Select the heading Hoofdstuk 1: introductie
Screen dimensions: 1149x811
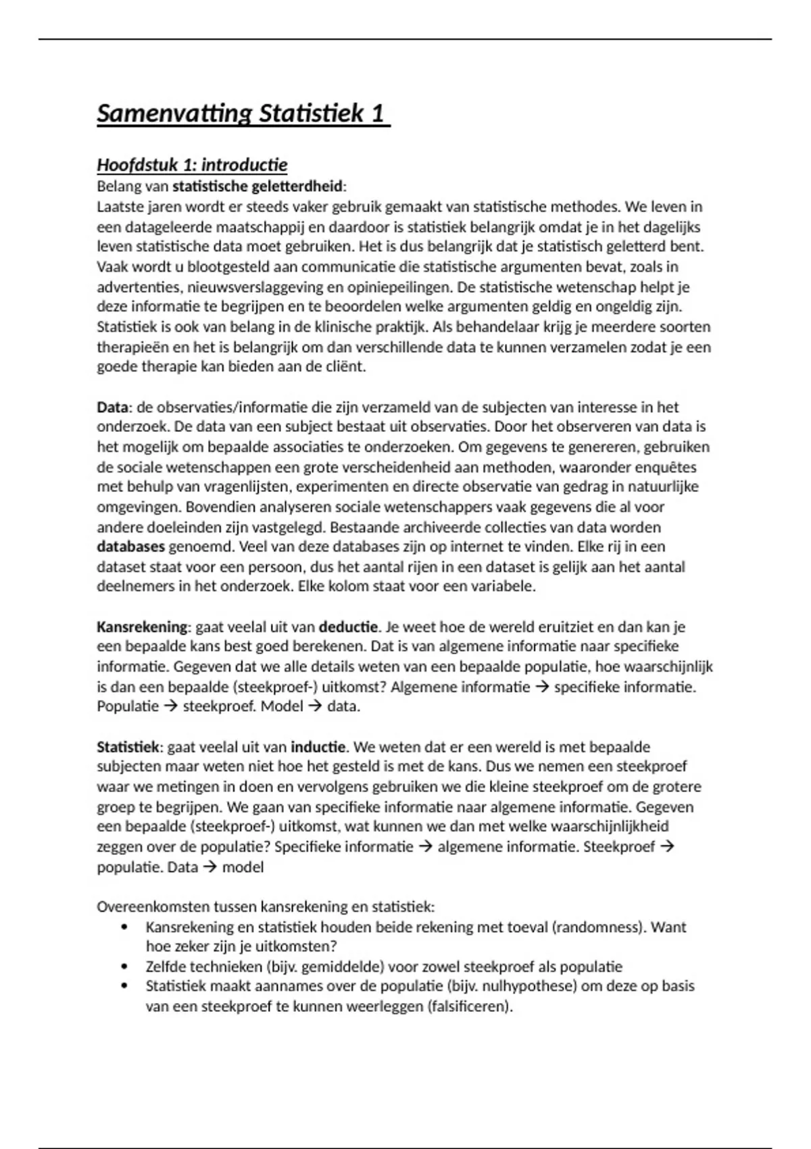tap(192, 165)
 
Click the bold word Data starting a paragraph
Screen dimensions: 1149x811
tap(112, 408)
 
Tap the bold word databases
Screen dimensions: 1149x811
tap(130, 547)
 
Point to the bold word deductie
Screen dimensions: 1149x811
tap(347, 627)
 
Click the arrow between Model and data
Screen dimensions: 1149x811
tap(315, 706)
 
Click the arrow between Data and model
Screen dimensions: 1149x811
tap(210, 866)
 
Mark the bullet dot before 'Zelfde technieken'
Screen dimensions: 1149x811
tap(124, 967)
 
